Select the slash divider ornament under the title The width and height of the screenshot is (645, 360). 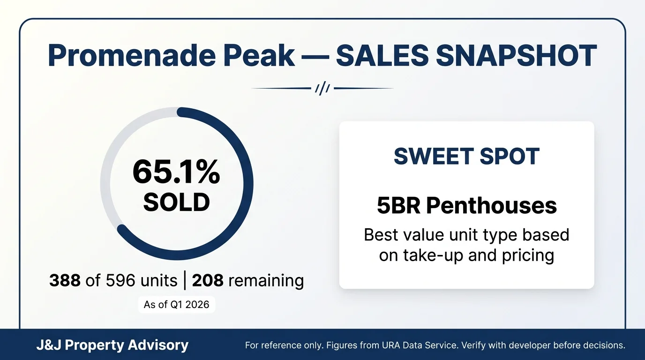click(322, 88)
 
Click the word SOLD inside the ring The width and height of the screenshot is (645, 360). click(176, 202)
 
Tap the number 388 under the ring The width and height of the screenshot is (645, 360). click(65, 281)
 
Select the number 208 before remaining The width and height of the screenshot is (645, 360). click(207, 281)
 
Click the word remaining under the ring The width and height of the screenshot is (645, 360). click(266, 281)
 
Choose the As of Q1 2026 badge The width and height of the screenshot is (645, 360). click(176, 305)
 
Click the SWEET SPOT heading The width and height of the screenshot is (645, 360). click(466, 157)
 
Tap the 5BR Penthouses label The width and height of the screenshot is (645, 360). click(466, 206)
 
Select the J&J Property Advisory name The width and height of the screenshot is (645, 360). click(112, 345)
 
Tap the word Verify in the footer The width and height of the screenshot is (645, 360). click(473, 346)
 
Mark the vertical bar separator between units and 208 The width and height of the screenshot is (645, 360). click(185, 281)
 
